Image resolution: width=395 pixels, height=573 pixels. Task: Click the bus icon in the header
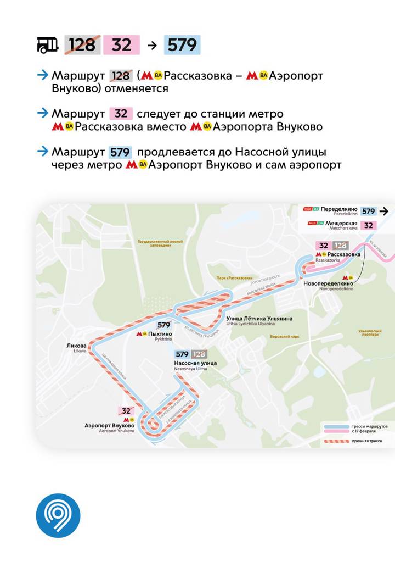coord(48,45)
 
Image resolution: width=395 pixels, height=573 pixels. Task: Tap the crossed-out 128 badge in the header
coord(82,45)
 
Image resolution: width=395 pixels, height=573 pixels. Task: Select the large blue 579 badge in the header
coord(182,45)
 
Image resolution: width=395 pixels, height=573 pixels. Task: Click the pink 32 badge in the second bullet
coord(121,114)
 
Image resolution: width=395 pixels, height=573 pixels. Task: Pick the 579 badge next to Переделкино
coord(369,211)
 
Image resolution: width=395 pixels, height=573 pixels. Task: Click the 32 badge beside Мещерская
coord(369,225)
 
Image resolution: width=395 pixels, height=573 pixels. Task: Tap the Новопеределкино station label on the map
coord(328,283)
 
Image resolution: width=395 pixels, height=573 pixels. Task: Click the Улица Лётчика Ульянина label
coord(260,319)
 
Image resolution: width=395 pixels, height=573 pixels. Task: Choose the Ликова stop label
coord(76,347)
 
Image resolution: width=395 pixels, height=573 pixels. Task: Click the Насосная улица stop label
coord(195,363)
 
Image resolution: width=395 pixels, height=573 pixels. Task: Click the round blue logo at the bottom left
coord(58,516)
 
